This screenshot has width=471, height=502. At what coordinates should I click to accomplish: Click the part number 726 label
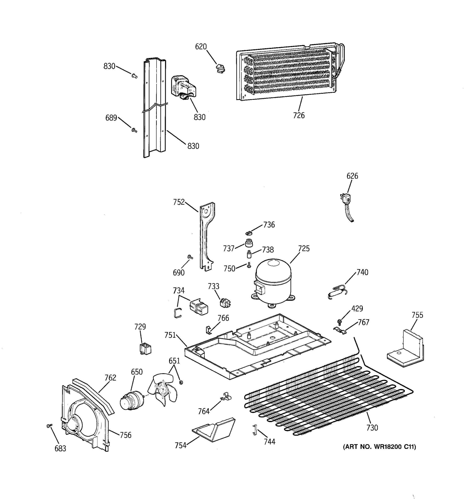[299, 115]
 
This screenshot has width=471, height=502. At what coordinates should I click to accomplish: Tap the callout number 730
[372, 428]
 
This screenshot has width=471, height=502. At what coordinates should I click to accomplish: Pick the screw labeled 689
[134, 130]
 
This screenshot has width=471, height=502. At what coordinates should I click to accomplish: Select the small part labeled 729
[145, 349]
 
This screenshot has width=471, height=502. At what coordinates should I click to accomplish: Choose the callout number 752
[179, 202]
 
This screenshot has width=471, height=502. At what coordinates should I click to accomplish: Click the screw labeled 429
[339, 322]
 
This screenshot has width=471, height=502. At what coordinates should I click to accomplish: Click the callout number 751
[170, 335]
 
